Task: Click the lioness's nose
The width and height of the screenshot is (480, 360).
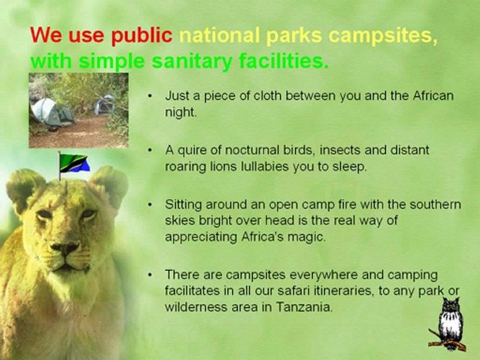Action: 65,248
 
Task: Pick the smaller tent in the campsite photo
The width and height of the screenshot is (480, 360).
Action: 105,104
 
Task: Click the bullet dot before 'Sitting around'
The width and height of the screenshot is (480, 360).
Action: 151,205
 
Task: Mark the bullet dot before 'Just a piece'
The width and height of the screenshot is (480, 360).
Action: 151,96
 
